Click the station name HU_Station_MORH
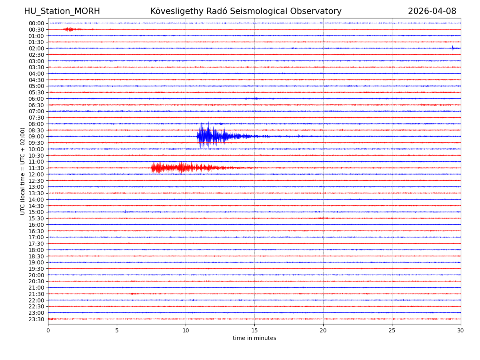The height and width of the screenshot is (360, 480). tap(62, 12)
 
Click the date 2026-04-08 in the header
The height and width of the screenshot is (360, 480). tap(432, 12)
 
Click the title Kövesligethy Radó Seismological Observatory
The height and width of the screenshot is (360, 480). tap(246, 12)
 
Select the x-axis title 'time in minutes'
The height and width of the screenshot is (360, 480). tap(254, 338)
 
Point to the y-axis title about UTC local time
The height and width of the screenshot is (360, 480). tap(23, 171)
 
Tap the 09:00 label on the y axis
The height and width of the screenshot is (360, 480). tap(36, 136)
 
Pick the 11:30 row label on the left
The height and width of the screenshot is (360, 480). tap(36, 168)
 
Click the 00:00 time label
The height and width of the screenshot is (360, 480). tap(36, 23)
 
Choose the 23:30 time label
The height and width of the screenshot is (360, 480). tap(36, 319)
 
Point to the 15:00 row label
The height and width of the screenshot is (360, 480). tap(36, 212)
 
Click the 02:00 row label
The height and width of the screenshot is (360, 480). tap(36, 48)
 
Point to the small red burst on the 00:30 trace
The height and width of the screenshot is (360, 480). tap(69, 29)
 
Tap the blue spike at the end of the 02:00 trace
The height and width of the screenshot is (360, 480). tap(453, 48)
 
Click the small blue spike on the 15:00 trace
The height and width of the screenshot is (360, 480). tap(125, 212)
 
